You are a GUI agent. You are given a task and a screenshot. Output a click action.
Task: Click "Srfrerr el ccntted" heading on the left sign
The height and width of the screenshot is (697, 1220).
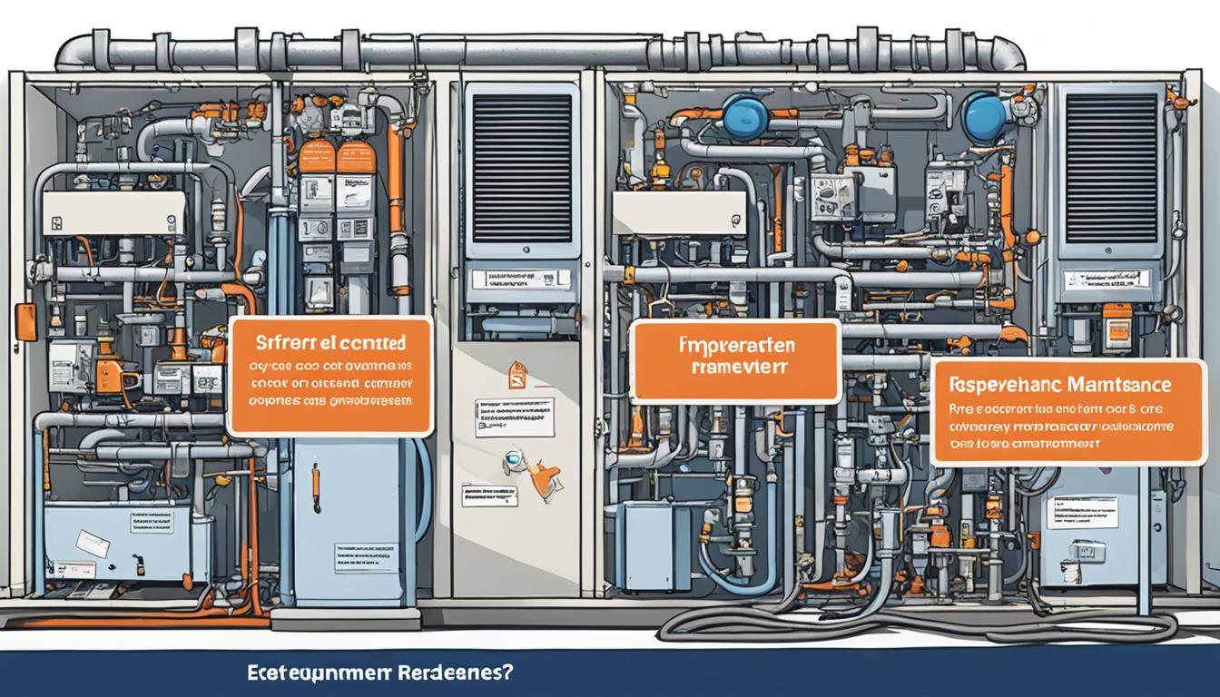click(x=330, y=343)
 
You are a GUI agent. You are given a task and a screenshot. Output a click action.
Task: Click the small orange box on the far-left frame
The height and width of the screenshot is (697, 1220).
click(x=26, y=322)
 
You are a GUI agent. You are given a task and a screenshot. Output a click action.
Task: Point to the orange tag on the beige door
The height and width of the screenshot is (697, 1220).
click(x=517, y=373)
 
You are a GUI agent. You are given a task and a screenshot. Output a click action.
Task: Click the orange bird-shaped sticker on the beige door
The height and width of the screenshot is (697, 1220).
click(x=543, y=479)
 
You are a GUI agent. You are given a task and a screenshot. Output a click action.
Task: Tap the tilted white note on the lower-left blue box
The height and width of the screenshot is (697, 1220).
click(x=93, y=544)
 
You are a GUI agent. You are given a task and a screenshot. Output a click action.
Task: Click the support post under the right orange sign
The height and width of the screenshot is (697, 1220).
click(x=1146, y=535)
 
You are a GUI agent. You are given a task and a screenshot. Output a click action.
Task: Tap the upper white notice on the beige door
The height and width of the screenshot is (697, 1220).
click(x=514, y=417)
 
